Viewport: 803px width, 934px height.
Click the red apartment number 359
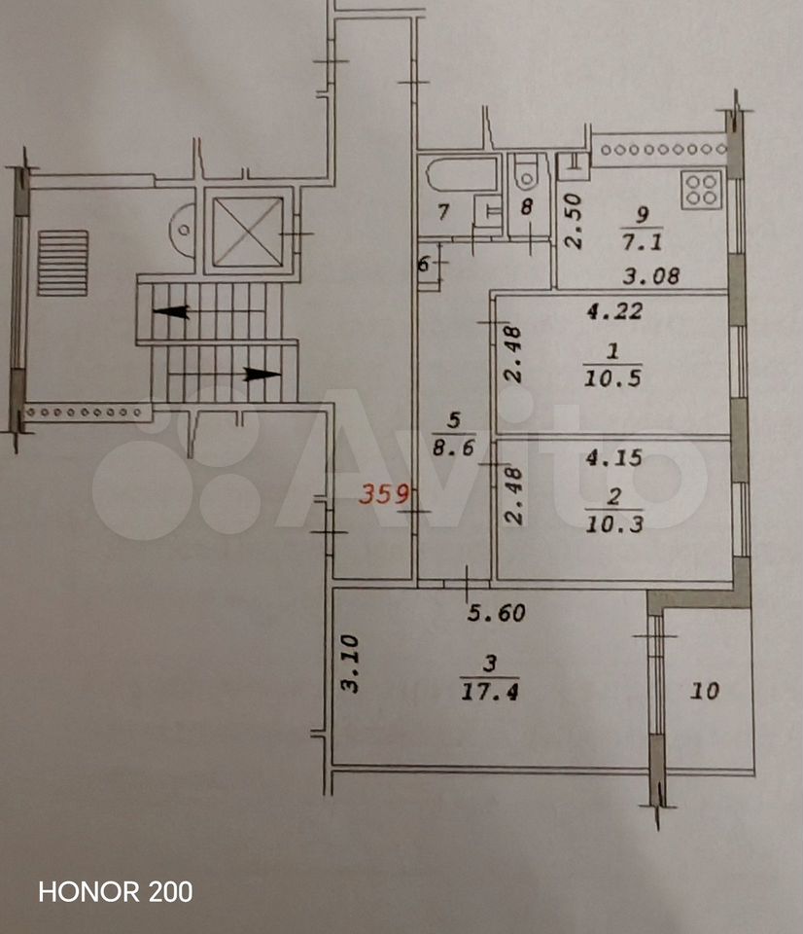pyautogui.click(x=384, y=494)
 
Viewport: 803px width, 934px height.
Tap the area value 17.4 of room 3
pyautogui.click(x=489, y=692)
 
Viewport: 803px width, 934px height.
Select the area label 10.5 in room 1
pyautogui.click(x=612, y=378)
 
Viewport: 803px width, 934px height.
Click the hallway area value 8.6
pyautogui.click(x=454, y=447)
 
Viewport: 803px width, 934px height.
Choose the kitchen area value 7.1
pyautogui.click(x=643, y=242)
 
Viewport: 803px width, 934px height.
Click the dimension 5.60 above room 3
pyautogui.click(x=497, y=612)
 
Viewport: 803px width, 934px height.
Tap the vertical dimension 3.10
pyautogui.click(x=350, y=664)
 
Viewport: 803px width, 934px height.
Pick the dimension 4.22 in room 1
pyautogui.click(x=615, y=311)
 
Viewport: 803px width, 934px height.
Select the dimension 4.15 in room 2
pyautogui.click(x=614, y=457)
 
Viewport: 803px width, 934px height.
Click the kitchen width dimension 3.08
pyautogui.click(x=651, y=276)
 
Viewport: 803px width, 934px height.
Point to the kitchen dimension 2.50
pyautogui.click(x=574, y=221)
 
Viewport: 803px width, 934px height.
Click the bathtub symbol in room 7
pyautogui.click(x=462, y=173)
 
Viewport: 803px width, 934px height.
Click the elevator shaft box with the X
pyautogui.click(x=248, y=232)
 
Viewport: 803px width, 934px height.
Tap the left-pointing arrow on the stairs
pyautogui.click(x=171, y=311)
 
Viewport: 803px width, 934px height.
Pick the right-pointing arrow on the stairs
pyautogui.click(x=262, y=374)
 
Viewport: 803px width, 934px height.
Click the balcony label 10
pyautogui.click(x=705, y=691)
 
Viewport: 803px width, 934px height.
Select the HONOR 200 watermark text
pyautogui.click(x=116, y=892)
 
